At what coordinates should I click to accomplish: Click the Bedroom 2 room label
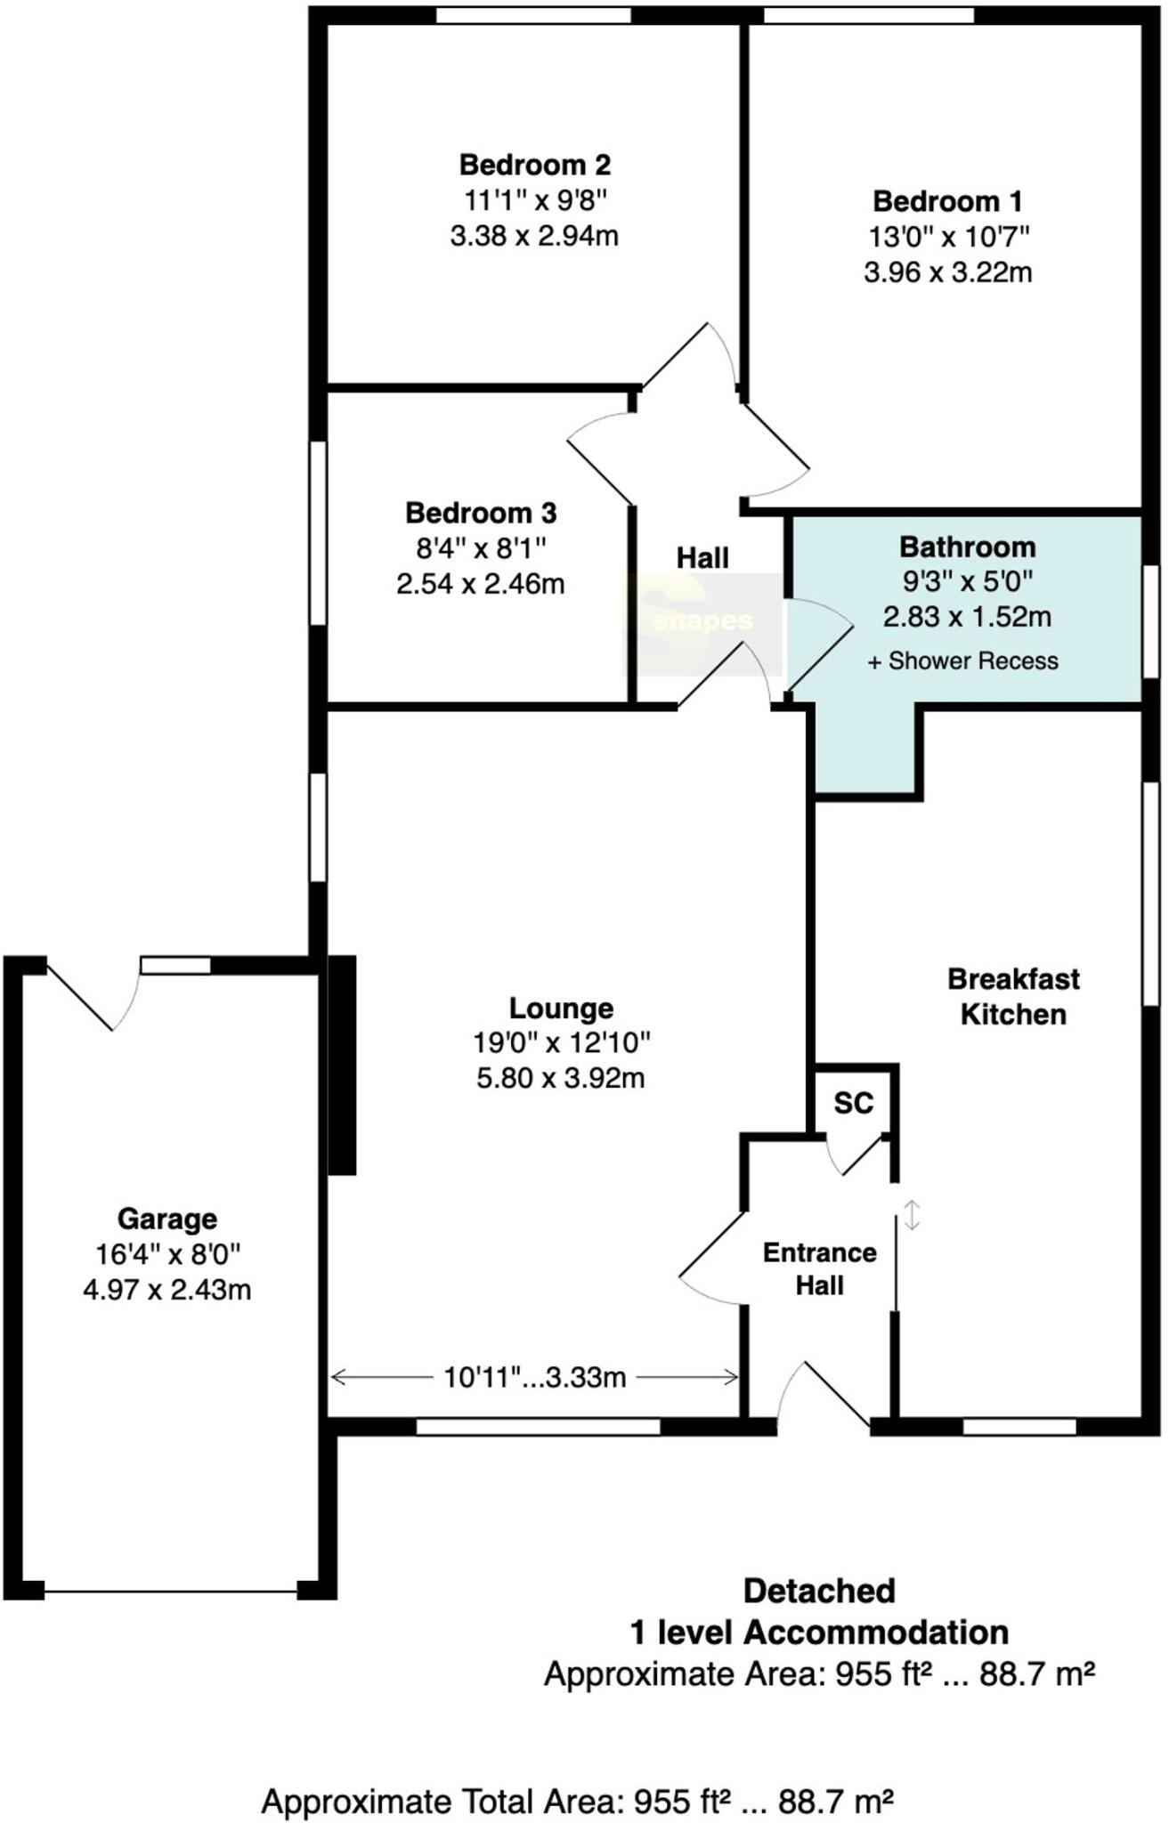(x=534, y=165)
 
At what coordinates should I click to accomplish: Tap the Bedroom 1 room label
(x=947, y=201)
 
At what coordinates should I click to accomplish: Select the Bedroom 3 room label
(x=481, y=513)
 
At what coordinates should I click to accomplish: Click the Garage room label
(x=167, y=1219)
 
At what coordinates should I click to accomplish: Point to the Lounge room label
(x=561, y=1008)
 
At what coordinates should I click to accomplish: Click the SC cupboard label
(x=853, y=1104)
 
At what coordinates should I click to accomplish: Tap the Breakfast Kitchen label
(x=1013, y=997)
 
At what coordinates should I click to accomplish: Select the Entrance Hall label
(x=819, y=1268)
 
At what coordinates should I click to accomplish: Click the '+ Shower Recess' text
(x=962, y=661)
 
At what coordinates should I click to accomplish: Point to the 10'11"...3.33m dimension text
(x=534, y=1377)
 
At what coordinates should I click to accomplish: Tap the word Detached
(x=819, y=1591)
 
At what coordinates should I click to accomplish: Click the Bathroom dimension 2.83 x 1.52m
(x=967, y=616)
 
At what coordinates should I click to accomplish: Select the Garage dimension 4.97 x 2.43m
(x=167, y=1290)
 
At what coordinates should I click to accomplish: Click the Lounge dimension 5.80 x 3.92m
(x=561, y=1078)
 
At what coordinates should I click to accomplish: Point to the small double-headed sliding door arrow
(x=912, y=1215)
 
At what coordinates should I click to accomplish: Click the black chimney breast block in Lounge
(x=342, y=1065)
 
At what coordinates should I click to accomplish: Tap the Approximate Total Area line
(x=577, y=1803)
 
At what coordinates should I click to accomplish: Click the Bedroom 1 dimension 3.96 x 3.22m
(x=947, y=271)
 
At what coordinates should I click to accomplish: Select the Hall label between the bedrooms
(x=702, y=558)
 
